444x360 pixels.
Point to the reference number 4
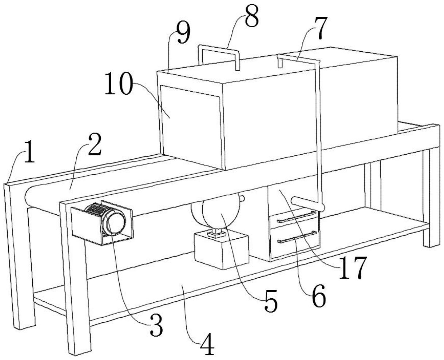(207, 345)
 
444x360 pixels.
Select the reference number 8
(251, 17)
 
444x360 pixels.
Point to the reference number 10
(119, 84)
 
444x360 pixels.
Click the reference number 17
(352, 268)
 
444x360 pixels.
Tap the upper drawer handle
(296, 217)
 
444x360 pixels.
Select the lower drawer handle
(297, 237)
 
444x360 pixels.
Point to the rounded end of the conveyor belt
(28, 197)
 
